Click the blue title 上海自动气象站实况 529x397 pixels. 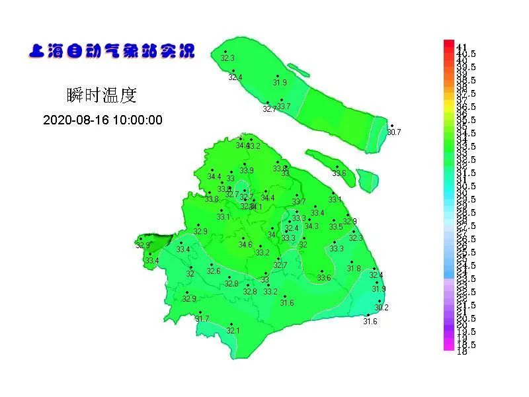pos(112,51)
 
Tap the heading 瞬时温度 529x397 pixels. pos(102,95)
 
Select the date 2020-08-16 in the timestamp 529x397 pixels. pos(74,120)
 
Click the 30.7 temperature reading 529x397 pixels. pos(394,132)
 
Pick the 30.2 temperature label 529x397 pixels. pos(382,308)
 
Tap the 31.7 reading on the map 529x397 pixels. pos(202,319)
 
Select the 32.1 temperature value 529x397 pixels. pos(233,331)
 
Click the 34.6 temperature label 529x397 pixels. pos(245,245)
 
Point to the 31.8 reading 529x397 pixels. pos(354,269)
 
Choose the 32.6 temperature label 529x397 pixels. pos(214,271)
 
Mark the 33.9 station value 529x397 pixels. pos(247,171)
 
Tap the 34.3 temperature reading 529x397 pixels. pos(311,226)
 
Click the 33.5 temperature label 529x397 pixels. pos(336,227)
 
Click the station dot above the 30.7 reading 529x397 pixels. pos(391,125)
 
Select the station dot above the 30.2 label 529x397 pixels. pos(380,300)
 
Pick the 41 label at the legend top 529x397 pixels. pos(462,47)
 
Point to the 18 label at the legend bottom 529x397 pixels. pos(462,351)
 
